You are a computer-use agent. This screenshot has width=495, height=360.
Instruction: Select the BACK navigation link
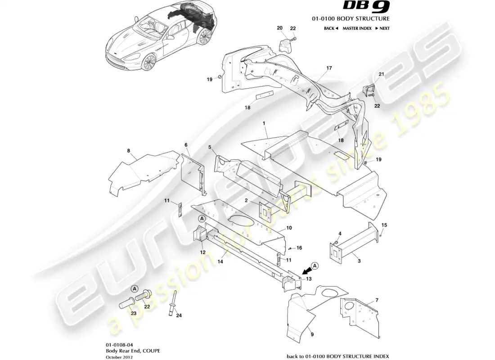coord(330,28)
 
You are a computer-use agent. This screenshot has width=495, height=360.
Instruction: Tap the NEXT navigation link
coord(382,28)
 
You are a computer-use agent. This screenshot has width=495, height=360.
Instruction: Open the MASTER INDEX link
coord(357,28)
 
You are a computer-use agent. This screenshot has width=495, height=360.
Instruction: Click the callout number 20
coord(279,28)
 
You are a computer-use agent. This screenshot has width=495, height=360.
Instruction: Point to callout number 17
coord(329,68)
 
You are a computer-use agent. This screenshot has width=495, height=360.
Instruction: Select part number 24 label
coord(179,315)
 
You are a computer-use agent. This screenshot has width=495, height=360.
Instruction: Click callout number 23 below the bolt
coord(134,313)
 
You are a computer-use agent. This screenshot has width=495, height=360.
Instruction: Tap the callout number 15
coord(384,225)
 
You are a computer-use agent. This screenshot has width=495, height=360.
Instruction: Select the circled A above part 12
coord(202,218)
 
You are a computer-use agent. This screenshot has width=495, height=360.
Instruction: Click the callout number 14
coord(221,261)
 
